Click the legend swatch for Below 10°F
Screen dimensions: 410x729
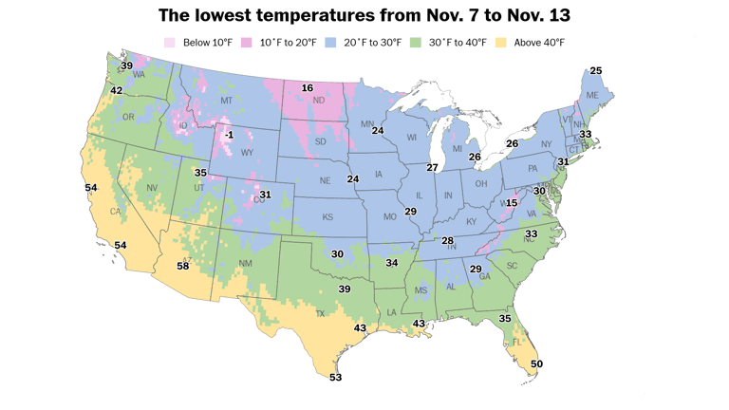(x=170, y=42)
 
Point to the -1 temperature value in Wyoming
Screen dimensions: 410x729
(x=229, y=136)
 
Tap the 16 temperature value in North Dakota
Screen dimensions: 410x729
(x=307, y=88)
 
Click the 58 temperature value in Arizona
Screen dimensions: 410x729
(x=182, y=267)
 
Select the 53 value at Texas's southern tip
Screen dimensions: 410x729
(x=335, y=377)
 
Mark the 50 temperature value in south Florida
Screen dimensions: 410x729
(x=536, y=363)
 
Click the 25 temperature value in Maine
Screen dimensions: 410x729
(x=595, y=71)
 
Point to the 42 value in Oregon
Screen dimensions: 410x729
(x=117, y=90)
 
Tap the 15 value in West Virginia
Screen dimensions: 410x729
(x=512, y=203)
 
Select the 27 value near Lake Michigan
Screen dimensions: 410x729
(x=432, y=167)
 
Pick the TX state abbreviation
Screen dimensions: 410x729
(x=320, y=313)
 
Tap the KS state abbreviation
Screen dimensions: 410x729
(x=327, y=217)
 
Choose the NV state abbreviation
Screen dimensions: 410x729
(x=152, y=188)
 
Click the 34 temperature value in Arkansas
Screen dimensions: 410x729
(x=391, y=262)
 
